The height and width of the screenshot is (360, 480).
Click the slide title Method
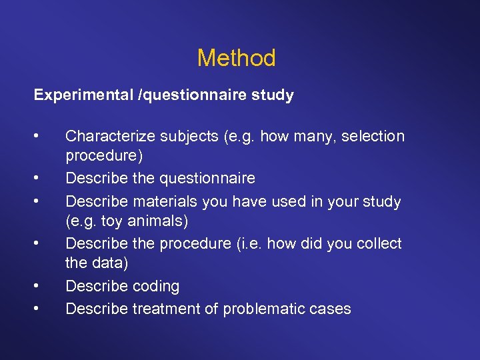pyautogui.click(x=236, y=59)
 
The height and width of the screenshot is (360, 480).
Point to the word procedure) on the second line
pyautogui.click(x=103, y=157)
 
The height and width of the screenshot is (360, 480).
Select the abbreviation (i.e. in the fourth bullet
pyautogui.click(x=251, y=243)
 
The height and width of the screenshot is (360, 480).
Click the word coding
pyautogui.click(x=155, y=287)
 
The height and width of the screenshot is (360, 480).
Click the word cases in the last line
pyautogui.click(x=333, y=309)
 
